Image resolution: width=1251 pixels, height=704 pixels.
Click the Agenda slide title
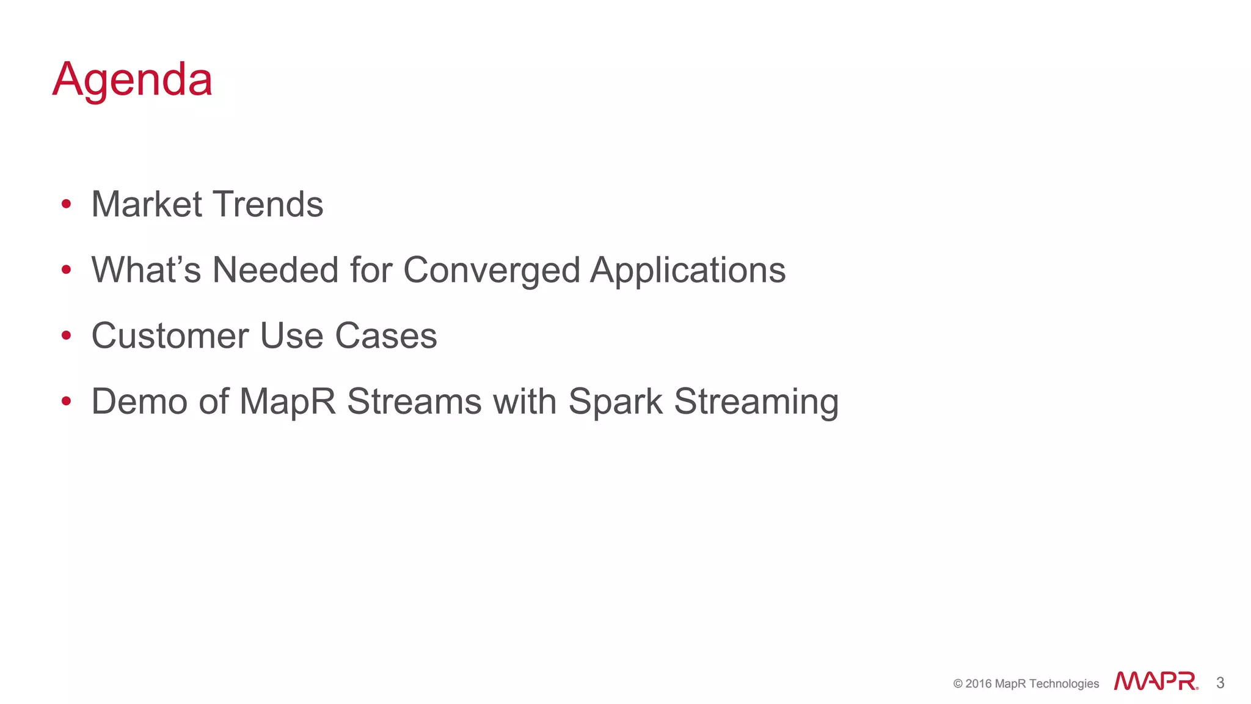(x=133, y=79)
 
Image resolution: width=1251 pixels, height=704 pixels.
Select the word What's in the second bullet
(x=146, y=270)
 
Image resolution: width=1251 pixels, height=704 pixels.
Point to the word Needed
(x=275, y=270)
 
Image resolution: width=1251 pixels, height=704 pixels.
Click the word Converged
(x=492, y=270)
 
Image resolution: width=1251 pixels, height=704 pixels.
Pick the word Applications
(x=688, y=270)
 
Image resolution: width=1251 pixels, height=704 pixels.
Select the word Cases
(x=386, y=336)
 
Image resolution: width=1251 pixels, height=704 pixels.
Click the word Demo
(x=139, y=402)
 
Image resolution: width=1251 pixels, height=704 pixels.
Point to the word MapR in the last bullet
(x=287, y=402)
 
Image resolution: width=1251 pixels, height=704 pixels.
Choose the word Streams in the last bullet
(x=414, y=402)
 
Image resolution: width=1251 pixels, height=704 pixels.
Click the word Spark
(x=615, y=402)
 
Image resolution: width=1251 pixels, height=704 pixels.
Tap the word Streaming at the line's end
(x=756, y=402)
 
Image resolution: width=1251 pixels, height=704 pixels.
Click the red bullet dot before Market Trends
(x=67, y=204)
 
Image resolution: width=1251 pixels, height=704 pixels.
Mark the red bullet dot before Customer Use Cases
(x=67, y=335)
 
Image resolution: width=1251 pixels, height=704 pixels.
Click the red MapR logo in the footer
(x=1156, y=681)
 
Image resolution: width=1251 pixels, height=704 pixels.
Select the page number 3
(x=1220, y=683)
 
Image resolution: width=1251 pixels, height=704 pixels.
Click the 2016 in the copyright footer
(x=979, y=684)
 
